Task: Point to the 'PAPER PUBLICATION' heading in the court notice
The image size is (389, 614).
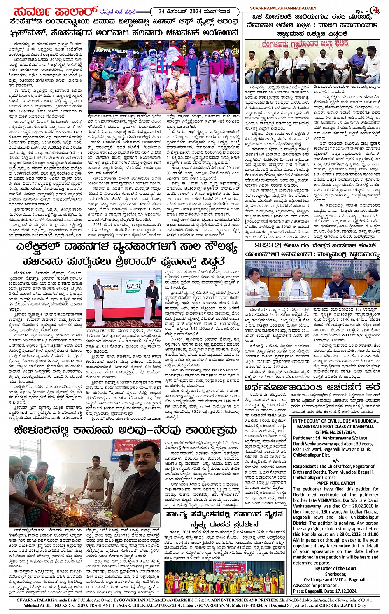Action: coord(335,483)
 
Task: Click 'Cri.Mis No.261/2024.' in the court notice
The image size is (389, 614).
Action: coord(335,432)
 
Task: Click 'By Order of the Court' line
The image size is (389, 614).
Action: coord(335,568)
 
